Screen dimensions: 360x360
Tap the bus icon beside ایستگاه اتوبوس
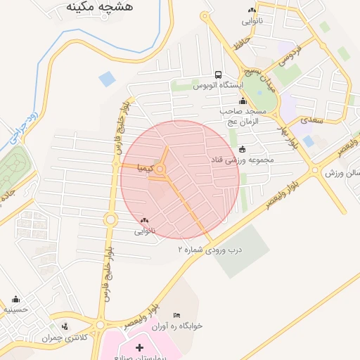[x=218, y=75]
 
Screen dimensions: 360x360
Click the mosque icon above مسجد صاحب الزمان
[x=243, y=102]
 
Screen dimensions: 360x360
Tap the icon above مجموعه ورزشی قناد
[x=243, y=149]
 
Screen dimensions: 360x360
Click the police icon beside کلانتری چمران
[x=65, y=326]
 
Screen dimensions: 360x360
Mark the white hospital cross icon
[x=139, y=347]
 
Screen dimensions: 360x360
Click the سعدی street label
[x=311, y=120]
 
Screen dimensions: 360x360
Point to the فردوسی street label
[x=288, y=57]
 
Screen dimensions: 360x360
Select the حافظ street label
[x=243, y=47]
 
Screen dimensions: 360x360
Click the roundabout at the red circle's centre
[x=161, y=169]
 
